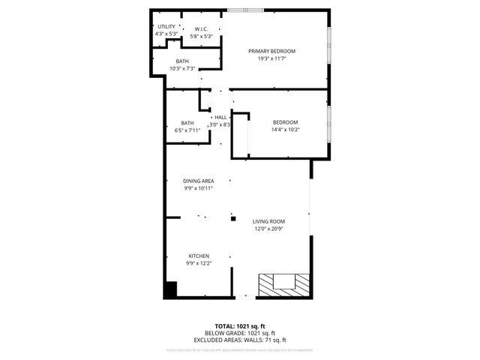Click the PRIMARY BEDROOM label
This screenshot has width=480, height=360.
pos(271,51)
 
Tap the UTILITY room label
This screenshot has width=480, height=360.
pos(166,27)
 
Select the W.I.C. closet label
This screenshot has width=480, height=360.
pos(201,29)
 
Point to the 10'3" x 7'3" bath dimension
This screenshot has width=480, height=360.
pos(182,69)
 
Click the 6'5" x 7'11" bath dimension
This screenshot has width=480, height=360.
pos(187,130)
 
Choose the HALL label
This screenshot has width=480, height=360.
pos(220,118)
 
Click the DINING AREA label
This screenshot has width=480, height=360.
pos(199,181)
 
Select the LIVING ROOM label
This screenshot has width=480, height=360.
pos(269,221)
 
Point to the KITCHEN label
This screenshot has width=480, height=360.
pos(199,256)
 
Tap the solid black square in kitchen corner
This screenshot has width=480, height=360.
pos(170,289)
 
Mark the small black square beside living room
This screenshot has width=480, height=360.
pos(233,219)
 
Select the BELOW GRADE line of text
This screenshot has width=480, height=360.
pos(240,333)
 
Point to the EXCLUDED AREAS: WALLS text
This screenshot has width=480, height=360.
pos(240,340)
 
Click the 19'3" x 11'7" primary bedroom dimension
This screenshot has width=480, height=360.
pos(271,58)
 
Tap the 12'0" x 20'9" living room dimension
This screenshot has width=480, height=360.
pos(269,229)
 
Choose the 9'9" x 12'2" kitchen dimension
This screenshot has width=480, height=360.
pos(199,263)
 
